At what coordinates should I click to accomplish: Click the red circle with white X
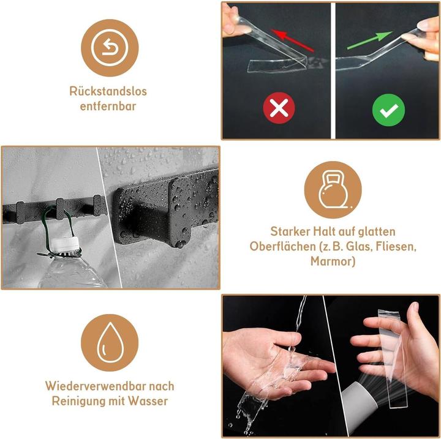tap(279, 110)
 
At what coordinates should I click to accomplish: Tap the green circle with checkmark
tap(389, 110)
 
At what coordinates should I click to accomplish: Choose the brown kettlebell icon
tap(333, 190)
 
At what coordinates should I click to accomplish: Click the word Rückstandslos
tap(108, 92)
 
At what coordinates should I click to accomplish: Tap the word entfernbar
tap(108, 106)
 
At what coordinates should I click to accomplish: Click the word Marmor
tap(333, 261)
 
